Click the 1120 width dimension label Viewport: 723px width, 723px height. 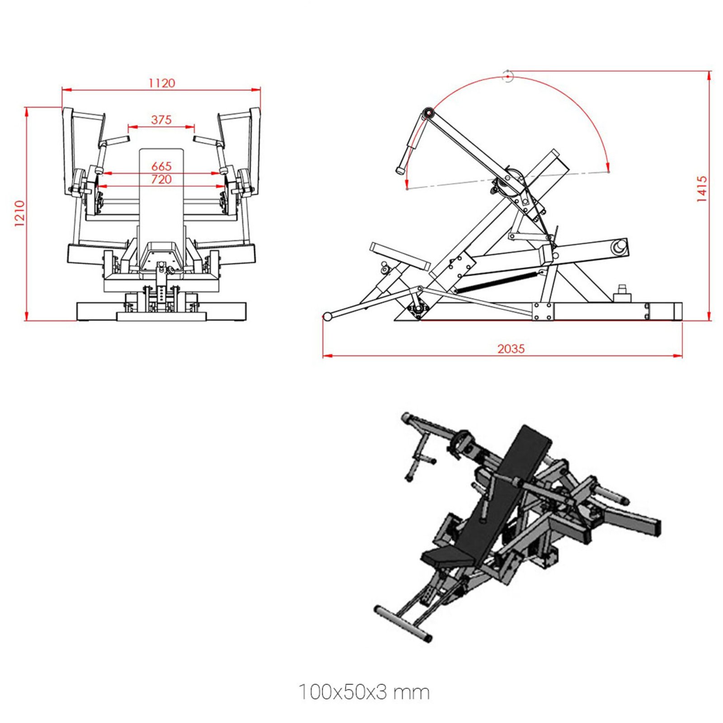[x=161, y=83]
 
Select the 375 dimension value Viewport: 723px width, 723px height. [x=161, y=120]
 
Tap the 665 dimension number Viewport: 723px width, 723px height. [x=161, y=166]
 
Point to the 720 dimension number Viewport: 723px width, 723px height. [x=161, y=179]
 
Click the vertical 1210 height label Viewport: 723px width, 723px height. [x=19, y=214]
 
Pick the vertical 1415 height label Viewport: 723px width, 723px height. [x=701, y=189]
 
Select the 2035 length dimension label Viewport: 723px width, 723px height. [x=511, y=348]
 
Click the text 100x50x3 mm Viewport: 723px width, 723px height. [x=364, y=692]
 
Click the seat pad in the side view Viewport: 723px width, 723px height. [x=399, y=256]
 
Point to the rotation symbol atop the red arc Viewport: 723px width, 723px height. [x=508, y=76]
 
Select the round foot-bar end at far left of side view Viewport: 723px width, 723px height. [x=327, y=316]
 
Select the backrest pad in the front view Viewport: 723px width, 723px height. [x=161, y=199]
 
